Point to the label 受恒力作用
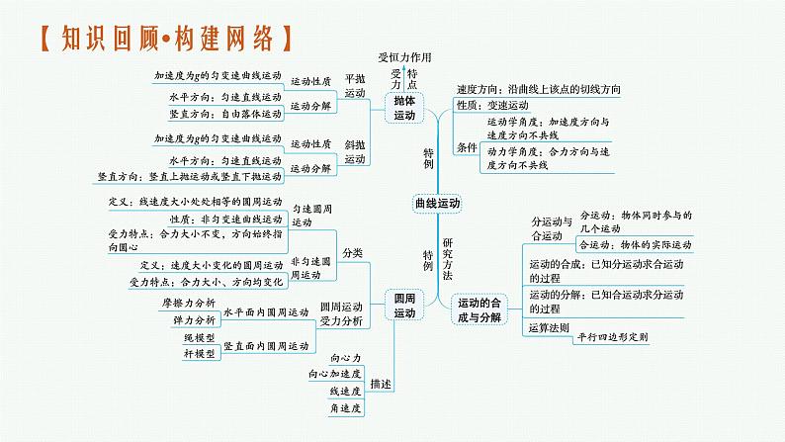pyautogui.click(x=405, y=57)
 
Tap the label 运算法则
pyautogui.click(x=551, y=326)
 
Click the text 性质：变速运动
pyautogui.click(x=494, y=105)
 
